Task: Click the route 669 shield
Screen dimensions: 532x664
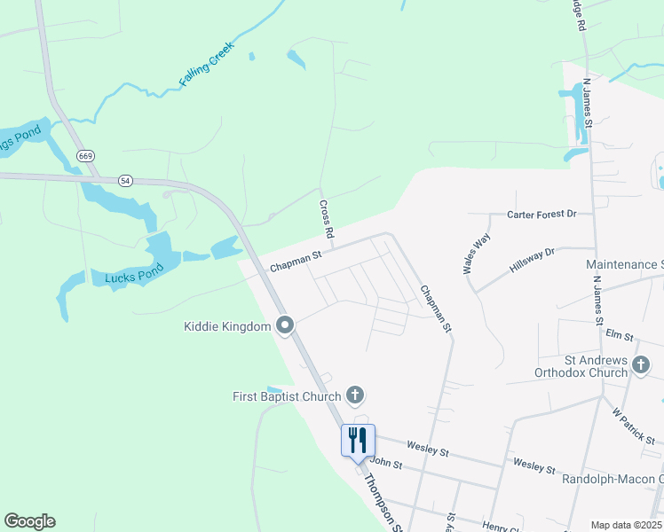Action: point(85,156)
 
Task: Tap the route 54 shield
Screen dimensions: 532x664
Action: point(125,180)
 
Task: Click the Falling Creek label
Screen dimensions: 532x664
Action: point(206,64)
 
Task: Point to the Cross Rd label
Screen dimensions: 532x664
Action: point(327,219)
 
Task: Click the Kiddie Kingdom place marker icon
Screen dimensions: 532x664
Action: point(285,326)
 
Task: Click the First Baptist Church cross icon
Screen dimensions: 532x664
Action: point(355,395)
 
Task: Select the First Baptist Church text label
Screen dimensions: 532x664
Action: point(287,396)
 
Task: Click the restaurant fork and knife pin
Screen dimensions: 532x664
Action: point(359,440)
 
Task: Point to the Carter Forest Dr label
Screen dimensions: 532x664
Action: point(541,215)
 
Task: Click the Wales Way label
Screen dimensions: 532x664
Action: point(477,254)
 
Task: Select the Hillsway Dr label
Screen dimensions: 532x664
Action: point(531,260)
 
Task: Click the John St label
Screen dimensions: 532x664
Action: point(386,463)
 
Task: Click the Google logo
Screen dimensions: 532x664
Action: point(29,521)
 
